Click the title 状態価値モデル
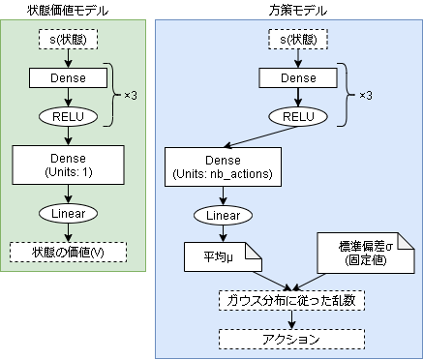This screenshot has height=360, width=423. point(69,9)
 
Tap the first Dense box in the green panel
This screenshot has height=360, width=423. point(68,77)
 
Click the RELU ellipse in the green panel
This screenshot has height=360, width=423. point(68,115)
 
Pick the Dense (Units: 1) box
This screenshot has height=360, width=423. point(68,164)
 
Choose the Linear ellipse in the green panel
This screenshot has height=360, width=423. point(68,212)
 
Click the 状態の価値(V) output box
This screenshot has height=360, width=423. point(68,252)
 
